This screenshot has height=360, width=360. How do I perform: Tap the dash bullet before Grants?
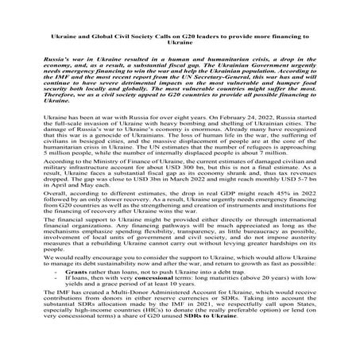(x=58, y=294)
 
